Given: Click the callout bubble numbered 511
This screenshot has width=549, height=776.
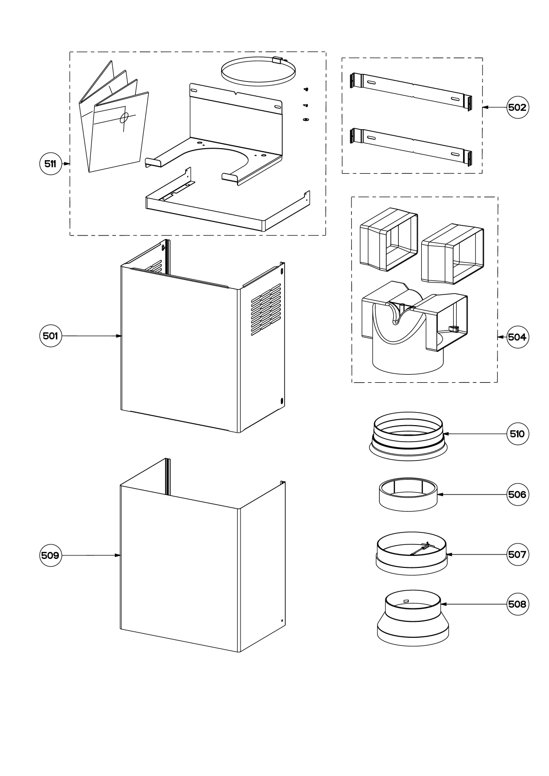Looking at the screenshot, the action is (50, 164).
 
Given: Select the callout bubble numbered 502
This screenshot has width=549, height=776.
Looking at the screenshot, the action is (517, 107).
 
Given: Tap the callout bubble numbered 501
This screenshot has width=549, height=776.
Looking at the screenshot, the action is (50, 336).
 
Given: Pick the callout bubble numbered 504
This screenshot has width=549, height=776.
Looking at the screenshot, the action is (517, 337).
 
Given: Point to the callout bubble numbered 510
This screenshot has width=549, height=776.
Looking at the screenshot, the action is (517, 434).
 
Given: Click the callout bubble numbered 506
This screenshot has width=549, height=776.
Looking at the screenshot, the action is (517, 495).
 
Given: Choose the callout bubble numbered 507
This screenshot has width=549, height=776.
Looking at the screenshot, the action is (517, 554).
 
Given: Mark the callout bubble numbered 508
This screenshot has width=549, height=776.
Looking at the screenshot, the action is (517, 604).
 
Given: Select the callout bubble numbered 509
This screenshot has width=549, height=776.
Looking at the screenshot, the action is (50, 555).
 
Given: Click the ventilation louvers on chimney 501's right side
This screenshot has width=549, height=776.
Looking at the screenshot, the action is (266, 309).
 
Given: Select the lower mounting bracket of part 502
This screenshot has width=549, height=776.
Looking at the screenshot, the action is (411, 147).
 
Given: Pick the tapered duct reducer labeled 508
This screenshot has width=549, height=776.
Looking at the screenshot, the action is (413, 618).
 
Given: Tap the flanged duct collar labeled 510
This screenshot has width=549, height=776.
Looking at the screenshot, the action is (408, 436).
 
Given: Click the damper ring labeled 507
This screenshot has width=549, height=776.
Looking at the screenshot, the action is (411, 553).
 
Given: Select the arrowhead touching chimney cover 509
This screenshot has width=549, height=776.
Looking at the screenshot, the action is (118, 555).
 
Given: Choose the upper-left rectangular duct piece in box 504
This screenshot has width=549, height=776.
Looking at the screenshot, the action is (389, 239).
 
